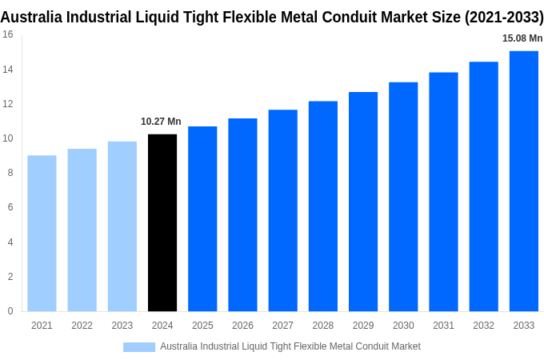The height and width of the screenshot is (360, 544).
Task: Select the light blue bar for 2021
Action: click(x=42, y=233)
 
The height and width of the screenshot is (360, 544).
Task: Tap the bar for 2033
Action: click(x=524, y=181)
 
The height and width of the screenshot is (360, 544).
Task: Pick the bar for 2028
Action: click(x=323, y=206)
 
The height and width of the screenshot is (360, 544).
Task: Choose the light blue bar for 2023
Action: click(x=122, y=226)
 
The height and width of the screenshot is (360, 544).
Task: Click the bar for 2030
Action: click(x=403, y=197)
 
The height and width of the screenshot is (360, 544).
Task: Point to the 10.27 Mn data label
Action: click(x=161, y=122)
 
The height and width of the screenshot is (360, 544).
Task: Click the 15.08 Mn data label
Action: click(x=522, y=38)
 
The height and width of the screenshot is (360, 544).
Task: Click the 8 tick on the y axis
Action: click(x=10, y=173)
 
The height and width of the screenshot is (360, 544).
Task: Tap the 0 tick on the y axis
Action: click(x=10, y=311)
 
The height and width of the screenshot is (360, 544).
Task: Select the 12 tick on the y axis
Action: click(x=7, y=104)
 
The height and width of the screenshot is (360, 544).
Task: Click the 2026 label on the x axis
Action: click(x=242, y=326)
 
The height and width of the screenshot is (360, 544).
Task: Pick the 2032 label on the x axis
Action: click(x=483, y=326)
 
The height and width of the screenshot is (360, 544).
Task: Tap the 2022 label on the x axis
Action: click(x=82, y=326)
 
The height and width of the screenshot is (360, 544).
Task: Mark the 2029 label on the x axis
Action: click(x=363, y=326)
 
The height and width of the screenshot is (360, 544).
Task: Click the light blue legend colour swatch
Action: click(x=139, y=346)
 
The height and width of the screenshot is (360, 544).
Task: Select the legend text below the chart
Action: click(x=290, y=346)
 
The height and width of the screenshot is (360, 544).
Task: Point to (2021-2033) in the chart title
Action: click(x=504, y=17)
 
